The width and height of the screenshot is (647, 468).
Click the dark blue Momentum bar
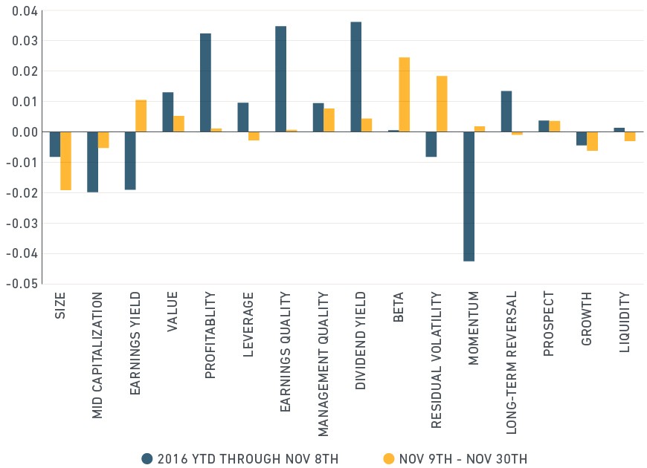pyautogui.click(x=469, y=196)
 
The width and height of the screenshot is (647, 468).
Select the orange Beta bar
pyautogui.click(x=405, y=94)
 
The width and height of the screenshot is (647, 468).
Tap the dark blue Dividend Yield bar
pyautogui.click(x=356, y=77)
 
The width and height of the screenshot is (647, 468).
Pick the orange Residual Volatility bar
pyautogui.click(x=442, y=104)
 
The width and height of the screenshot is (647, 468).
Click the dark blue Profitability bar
pyautogui.click(x=205, y=82)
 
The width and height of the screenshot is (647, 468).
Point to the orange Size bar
pyautogui.click(x=66, y=160)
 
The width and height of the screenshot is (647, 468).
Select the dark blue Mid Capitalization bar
pyautogui.click(x=93, y=162)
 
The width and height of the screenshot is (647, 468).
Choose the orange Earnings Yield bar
pyautogui.click(x=141, y=116)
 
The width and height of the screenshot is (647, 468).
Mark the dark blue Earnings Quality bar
pyautogui.click(x=280, y=79)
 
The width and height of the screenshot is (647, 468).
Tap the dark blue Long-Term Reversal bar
pyautogui.click(x=506, y=111)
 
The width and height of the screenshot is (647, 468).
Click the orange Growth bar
pyautogui.click(x=593, y=141)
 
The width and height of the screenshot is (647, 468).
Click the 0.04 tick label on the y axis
pyautogui.click(x=25, y=11)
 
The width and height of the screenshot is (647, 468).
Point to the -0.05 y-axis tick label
pyautogui.click(x=22, y=284)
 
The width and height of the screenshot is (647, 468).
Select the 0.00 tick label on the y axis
pyautogui.click(x=25, y=132)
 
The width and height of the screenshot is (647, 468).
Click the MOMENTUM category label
pyautogui.click(x=473, y=328)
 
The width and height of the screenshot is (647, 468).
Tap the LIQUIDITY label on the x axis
pyautogui.click(x=625, y=322)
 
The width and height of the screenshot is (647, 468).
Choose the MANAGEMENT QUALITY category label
pyautogui.click(x=323, y=364)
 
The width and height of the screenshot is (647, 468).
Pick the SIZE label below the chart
pyautogui.click(x=60, y=305)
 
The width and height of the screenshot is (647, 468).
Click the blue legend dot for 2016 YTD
pyautogui.click(x=147, y=458)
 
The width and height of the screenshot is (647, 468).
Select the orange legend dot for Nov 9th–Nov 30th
pyautogui.click(x=389, y=458)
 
